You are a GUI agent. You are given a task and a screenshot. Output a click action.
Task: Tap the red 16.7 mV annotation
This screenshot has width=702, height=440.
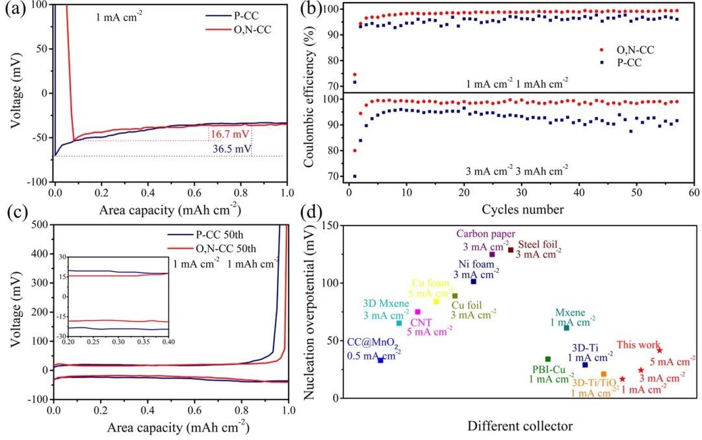pos(231,135)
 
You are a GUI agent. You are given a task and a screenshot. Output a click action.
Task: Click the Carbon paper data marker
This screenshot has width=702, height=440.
pos(492,254)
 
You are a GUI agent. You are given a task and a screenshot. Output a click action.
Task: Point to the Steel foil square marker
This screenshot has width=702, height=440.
pos(511,250)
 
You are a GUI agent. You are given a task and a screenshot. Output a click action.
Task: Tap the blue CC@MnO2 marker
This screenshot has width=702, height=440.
pos(381,360)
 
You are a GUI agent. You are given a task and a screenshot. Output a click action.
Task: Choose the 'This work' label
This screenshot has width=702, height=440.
pos(638,345)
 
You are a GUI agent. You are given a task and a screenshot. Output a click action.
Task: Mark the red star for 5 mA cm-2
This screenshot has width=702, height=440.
pos(659,350)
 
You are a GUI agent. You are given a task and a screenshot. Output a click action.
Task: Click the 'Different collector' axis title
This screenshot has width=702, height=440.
pos(520,426)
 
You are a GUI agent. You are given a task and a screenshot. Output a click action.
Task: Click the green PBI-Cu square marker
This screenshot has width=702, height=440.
pos(548,359)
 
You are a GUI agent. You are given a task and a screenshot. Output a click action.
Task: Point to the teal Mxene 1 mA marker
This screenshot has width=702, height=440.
pos(566,328)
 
